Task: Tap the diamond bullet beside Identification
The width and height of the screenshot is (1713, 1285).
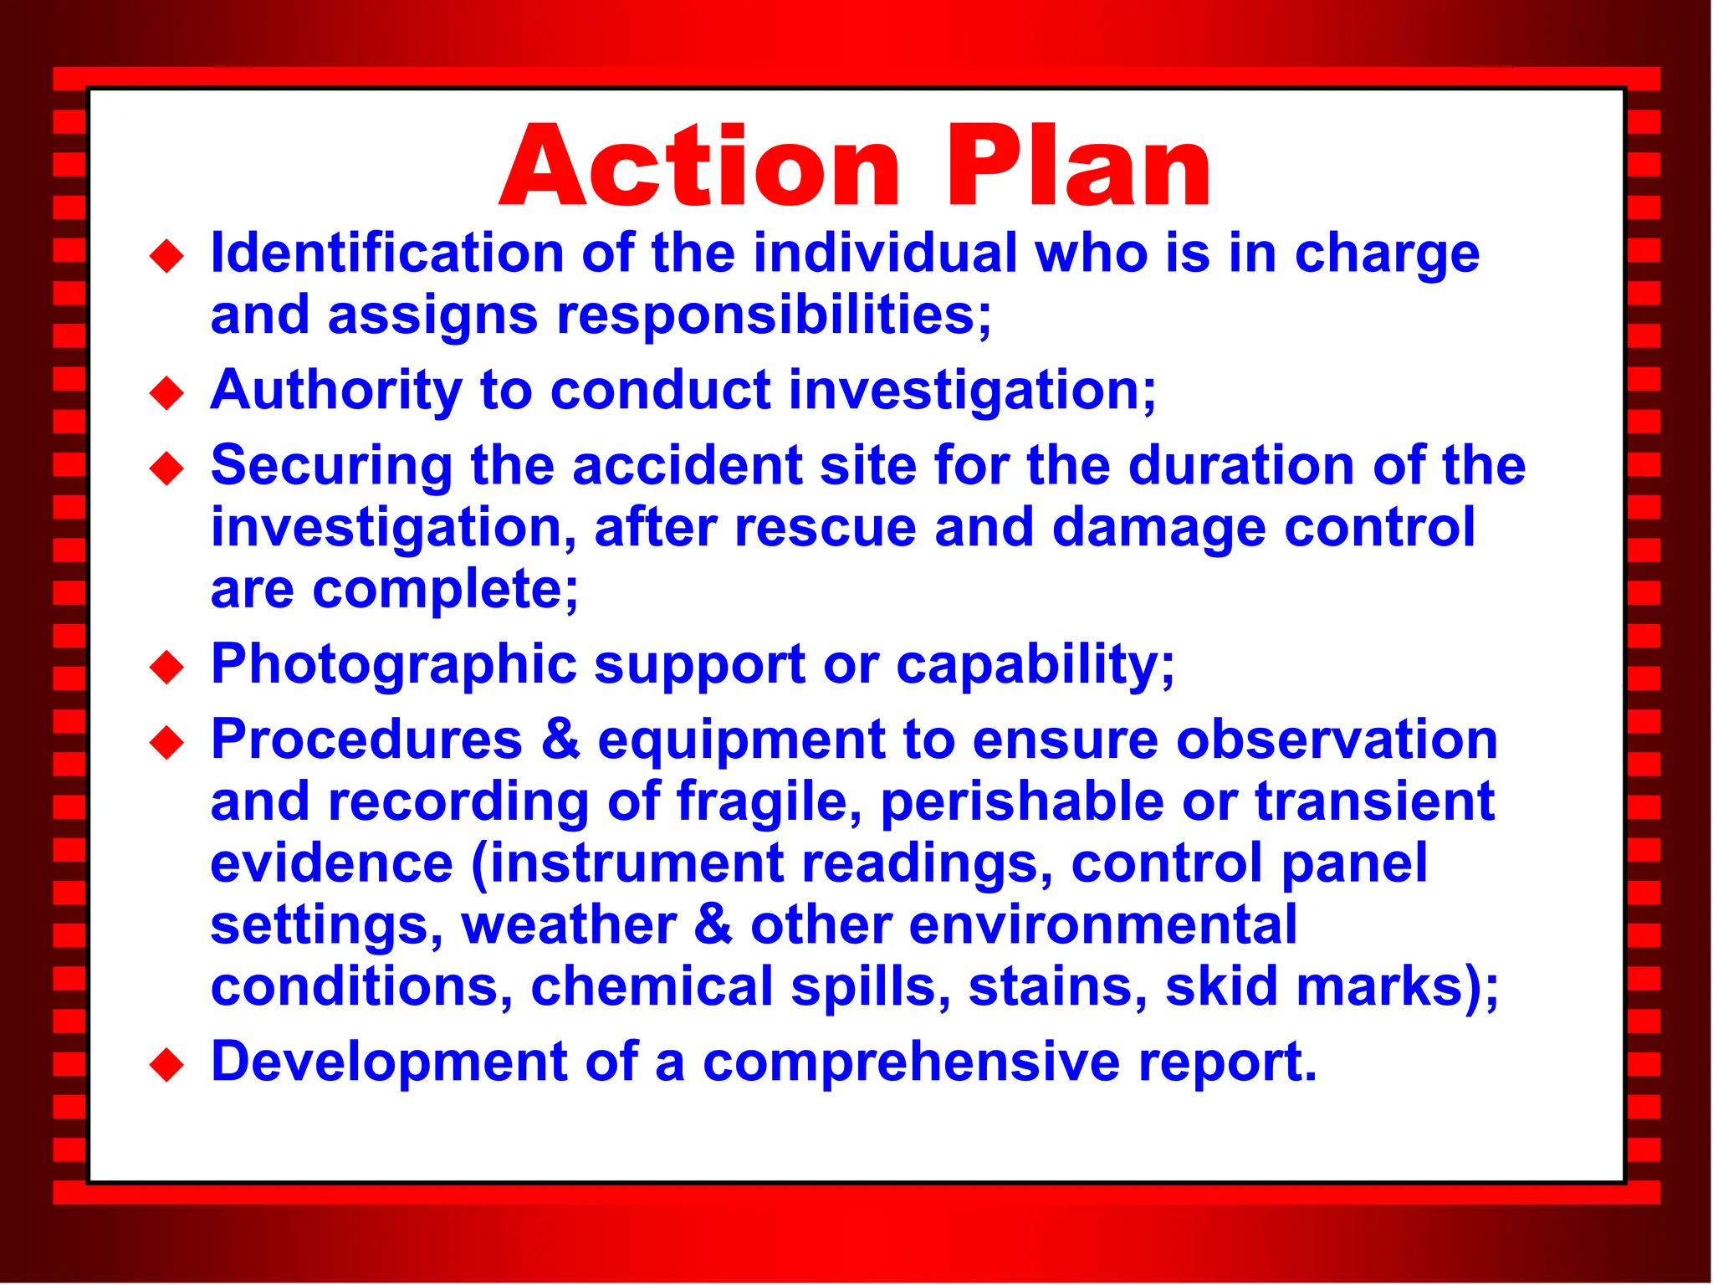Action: (166, 256)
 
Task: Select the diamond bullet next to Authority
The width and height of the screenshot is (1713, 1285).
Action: (166, 393)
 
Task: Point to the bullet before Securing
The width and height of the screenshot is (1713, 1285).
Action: (166, 468)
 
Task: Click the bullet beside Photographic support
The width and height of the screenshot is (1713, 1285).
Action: (166, 668)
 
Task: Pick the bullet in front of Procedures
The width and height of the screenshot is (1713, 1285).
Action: (166, 743)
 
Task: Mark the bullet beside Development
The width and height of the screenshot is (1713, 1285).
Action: (166, 1065)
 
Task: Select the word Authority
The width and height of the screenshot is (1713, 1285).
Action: (335, 390)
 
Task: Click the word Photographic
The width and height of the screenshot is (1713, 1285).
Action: (394, 664)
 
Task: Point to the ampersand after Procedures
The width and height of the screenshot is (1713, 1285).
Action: (560, 740)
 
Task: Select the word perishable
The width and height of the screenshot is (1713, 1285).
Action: (1022, 801)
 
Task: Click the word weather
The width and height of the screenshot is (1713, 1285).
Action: (569, 925)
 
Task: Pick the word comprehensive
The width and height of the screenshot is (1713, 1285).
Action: (911, 1062)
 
